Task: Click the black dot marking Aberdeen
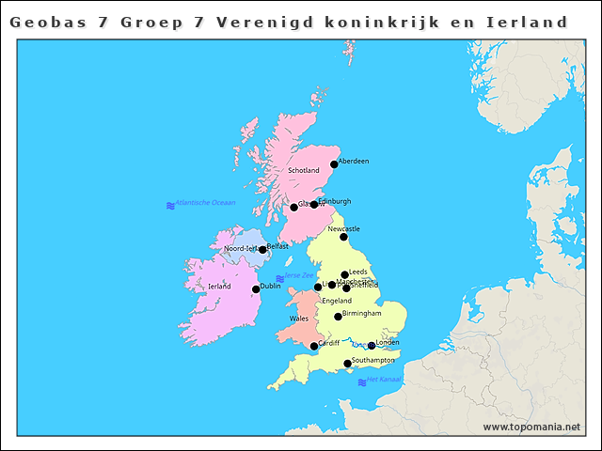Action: coord(334,164)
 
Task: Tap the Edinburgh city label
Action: coord(335,201)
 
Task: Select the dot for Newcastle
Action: coord(343,237)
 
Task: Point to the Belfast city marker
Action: coord(262,250)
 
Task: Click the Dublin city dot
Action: coord(256,289)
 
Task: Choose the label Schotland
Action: coord(304,171)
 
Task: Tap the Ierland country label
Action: coord(219,287)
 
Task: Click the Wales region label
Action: coord(299,319)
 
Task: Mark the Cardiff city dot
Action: coord(314,346)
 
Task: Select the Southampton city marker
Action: coord(347,364)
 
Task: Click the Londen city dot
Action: coord(372,346)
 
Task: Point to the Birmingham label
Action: coord(362,313)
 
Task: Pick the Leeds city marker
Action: coord(344,274)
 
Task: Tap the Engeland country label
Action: coord(337,301)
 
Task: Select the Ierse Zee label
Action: coord(299,275)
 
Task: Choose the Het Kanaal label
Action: coord(384,380)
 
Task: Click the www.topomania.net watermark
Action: coord(531,428)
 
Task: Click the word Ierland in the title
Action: coord(523,21)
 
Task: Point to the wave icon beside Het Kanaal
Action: coord(362,381)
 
